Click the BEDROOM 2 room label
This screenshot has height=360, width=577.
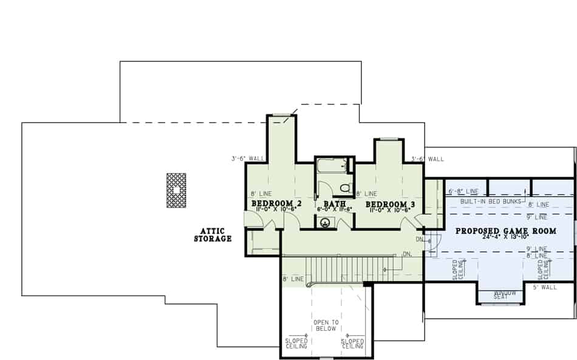click(276, 203)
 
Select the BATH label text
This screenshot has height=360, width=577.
click(335, 204)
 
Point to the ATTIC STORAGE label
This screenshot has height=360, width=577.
click(213, 235)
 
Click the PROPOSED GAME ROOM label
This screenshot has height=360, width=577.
click(506, 231)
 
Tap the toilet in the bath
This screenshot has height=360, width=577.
click(346, 187)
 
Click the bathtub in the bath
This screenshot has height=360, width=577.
click(332, 165)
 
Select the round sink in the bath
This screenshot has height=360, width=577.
click(326, 223)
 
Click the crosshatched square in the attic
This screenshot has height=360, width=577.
click(176, 190)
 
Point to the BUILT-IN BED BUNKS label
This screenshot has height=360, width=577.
click(491, 201)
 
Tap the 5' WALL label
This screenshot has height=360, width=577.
click(545, 287)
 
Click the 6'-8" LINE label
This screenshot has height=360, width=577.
click(463, 192)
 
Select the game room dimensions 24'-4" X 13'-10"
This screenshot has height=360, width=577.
click(505, 237)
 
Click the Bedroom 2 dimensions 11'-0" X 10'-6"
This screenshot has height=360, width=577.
click(276, 209)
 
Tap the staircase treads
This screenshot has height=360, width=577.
click(346, 268)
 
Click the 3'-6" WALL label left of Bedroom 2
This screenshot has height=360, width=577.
click(248, 159)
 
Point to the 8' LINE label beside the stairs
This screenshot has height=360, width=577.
click(293, 279)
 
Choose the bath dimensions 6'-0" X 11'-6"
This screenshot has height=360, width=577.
click(334, 209)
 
